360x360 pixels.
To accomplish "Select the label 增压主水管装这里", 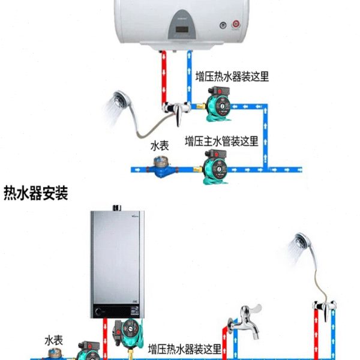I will tap(221, 142).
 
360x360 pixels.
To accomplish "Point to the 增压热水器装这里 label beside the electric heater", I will tap(232, 76).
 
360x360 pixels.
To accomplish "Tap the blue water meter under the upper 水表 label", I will tap(161, 166).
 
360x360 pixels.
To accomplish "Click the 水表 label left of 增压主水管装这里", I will tap(160, 145).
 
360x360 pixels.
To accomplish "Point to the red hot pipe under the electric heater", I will tap(163, 78).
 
